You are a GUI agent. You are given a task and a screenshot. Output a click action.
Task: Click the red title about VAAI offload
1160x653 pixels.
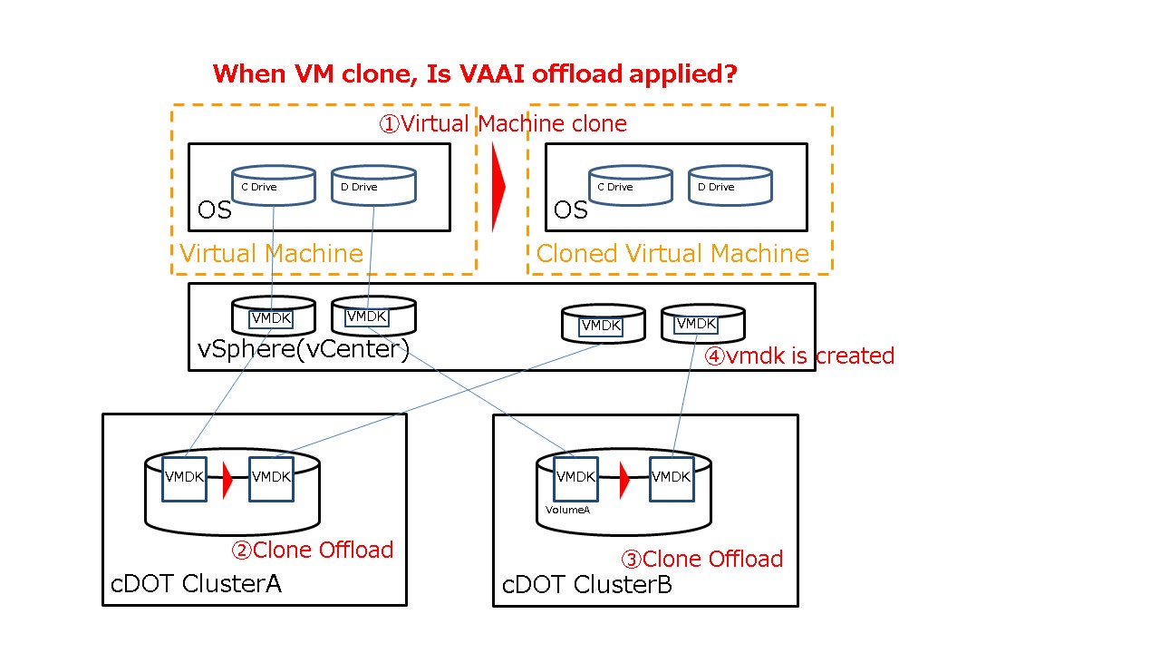point(475,74)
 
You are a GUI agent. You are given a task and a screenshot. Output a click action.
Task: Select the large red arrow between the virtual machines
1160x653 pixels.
point(498,187)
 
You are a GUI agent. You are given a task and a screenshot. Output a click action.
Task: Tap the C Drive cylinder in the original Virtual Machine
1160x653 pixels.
point(273,185)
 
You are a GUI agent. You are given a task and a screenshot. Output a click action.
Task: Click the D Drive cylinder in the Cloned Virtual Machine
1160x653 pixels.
point(730,185)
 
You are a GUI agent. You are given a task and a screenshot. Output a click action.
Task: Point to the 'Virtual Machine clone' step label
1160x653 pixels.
point(503,124)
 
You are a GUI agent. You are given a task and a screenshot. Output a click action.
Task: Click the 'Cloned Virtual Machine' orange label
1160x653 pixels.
point(672,254)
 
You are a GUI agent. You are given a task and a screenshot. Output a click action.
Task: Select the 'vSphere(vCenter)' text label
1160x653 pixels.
point(304,349)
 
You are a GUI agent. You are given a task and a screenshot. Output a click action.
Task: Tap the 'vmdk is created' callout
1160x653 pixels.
point(799,356)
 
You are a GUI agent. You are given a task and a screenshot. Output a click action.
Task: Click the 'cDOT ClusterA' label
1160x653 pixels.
point(196,584)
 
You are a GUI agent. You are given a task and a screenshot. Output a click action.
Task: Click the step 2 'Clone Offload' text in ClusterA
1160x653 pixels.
point(313,551)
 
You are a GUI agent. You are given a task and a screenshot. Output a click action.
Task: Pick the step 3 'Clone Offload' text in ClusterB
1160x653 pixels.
point(701,560)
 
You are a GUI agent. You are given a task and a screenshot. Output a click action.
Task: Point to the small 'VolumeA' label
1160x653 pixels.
point(568,511)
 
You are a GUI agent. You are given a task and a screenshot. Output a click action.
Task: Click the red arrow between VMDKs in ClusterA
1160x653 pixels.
point(227,479)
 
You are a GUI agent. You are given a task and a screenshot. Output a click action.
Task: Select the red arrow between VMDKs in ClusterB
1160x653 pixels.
point(623,480)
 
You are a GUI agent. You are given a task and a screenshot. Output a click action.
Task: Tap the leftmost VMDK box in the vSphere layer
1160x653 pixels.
point(271,319)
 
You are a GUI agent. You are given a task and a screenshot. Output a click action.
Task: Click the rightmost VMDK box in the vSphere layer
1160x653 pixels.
point(696,324)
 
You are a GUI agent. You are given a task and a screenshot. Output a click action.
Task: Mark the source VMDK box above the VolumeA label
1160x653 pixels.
point(575,479)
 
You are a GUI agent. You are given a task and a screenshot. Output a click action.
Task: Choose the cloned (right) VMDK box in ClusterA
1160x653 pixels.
point(271,479)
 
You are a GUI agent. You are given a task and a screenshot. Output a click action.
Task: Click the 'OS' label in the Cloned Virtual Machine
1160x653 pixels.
point(570,211)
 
